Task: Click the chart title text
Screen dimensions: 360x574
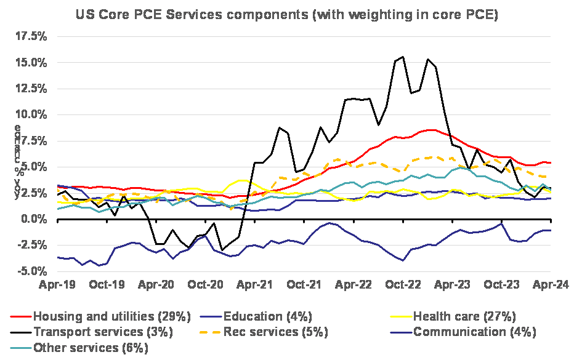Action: [x=286, y=15]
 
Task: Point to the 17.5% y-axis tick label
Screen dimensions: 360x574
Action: [x=30, y=37]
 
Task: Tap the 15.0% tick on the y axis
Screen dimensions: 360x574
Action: [x=30, y=63]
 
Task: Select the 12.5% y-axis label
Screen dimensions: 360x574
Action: [x=30, y=89]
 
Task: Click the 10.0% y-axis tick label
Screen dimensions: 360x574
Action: [x=30, y=114]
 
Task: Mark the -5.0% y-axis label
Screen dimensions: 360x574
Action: [x=31, y=271]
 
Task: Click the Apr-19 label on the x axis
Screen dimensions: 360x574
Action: [x=57, y=285]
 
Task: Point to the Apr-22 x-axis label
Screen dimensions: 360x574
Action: [x=353, y=285]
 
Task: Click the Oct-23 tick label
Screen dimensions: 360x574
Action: [x=501, y=285]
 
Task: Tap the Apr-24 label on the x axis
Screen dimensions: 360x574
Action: [x=550, y=285]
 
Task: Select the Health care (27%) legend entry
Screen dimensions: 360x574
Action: [x=464, y=317]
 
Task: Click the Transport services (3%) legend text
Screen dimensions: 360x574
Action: [x=103, y=332]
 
